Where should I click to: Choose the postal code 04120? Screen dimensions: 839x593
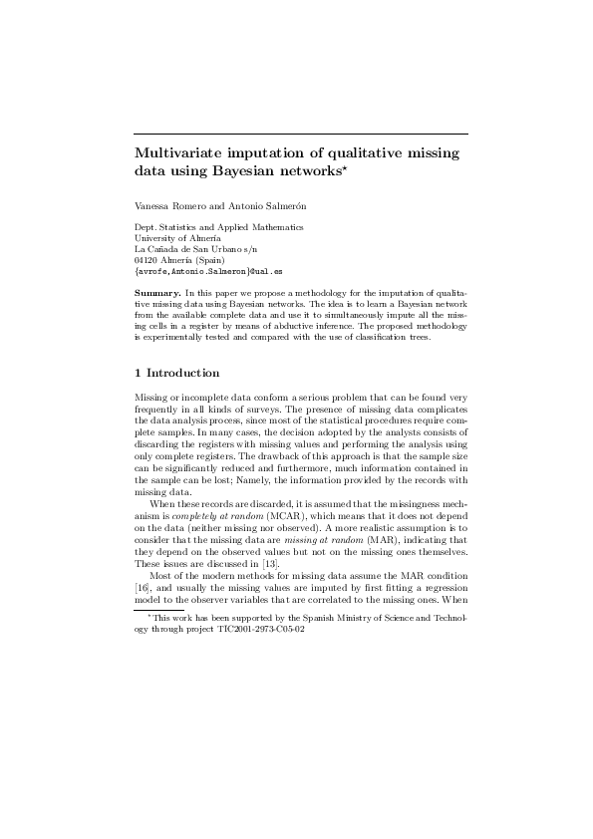coord(147,260)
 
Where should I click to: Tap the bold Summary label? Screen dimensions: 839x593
coord(157,293)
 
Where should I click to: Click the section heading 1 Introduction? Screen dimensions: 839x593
coord(177,373)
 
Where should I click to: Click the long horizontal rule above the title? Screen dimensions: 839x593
coord(301,133)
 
